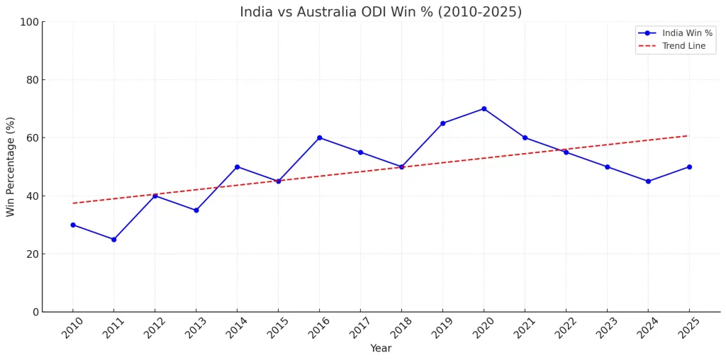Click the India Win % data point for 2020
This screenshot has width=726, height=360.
(484, 108)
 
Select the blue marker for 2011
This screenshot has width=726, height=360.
(113, 240)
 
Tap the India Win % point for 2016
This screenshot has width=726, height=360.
(319, 137)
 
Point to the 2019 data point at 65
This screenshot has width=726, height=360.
(442, 123)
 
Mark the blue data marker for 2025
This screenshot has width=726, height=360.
(689, 167)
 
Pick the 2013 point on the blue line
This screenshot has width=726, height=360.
(196, 210)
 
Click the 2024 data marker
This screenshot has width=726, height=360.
(648, 181)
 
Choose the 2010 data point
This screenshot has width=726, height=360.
(72, 225)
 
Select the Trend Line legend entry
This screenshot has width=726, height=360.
(683, 46)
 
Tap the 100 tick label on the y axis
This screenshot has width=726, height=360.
(29, 22)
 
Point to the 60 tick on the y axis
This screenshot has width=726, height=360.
(32, 137)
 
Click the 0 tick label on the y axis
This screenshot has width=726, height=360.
(35, 312)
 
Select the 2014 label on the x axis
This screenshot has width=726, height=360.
(236, 328)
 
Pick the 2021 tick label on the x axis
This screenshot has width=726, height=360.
(524, 328)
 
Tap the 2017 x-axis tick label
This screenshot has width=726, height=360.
(359, 328)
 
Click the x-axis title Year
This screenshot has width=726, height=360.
(381, 349)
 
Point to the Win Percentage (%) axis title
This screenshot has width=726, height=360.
(11, 167)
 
